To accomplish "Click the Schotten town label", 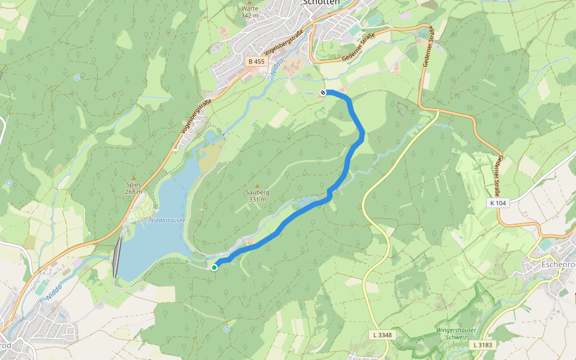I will point(322,2).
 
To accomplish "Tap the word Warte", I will point(250,8).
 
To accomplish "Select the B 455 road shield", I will point(256,61).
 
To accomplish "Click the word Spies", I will point(133,185).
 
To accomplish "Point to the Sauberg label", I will point(257,193).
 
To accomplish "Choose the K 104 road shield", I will point(497,203).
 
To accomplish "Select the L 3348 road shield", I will point(382,334).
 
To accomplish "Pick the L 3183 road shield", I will point(483,345).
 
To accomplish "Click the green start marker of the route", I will point(214,268).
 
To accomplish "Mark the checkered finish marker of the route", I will point(323,92).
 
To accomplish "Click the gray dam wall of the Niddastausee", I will point(116,257).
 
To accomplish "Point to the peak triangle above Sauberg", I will point(257,185).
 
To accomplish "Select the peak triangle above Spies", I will point(134,178).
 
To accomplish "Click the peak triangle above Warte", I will point(250,2).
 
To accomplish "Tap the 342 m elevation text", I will point(250,16).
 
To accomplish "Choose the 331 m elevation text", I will point(257,200).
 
